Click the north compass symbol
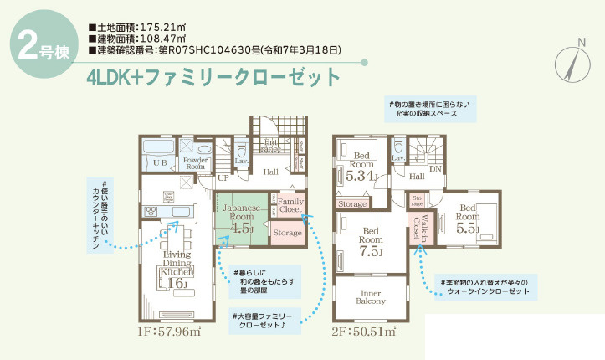(572, 60)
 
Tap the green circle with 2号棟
(38, 47)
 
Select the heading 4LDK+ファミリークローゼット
(213, 77)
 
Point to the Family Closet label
(291, 205)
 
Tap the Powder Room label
(196, 162)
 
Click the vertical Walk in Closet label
(417, 228)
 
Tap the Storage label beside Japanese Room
(288, 233)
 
